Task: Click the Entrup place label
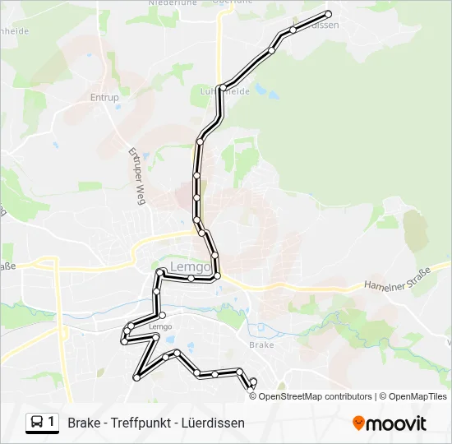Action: click(104, 98)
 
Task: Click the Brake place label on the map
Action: click(261, 345)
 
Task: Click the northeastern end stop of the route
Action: click(329, 14)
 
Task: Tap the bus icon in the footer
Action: click(37, 423)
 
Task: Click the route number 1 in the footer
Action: click(51, 423)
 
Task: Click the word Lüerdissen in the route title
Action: click(214, 423)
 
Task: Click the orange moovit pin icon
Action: click(358, 423)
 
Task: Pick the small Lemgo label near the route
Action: click(161, 326)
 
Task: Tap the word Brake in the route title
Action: click(84, 423)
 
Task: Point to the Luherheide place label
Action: click(225, 92)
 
